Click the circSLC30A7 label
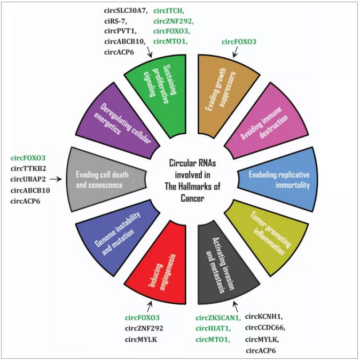124,11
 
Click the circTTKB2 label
29,168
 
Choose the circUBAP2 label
30,179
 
